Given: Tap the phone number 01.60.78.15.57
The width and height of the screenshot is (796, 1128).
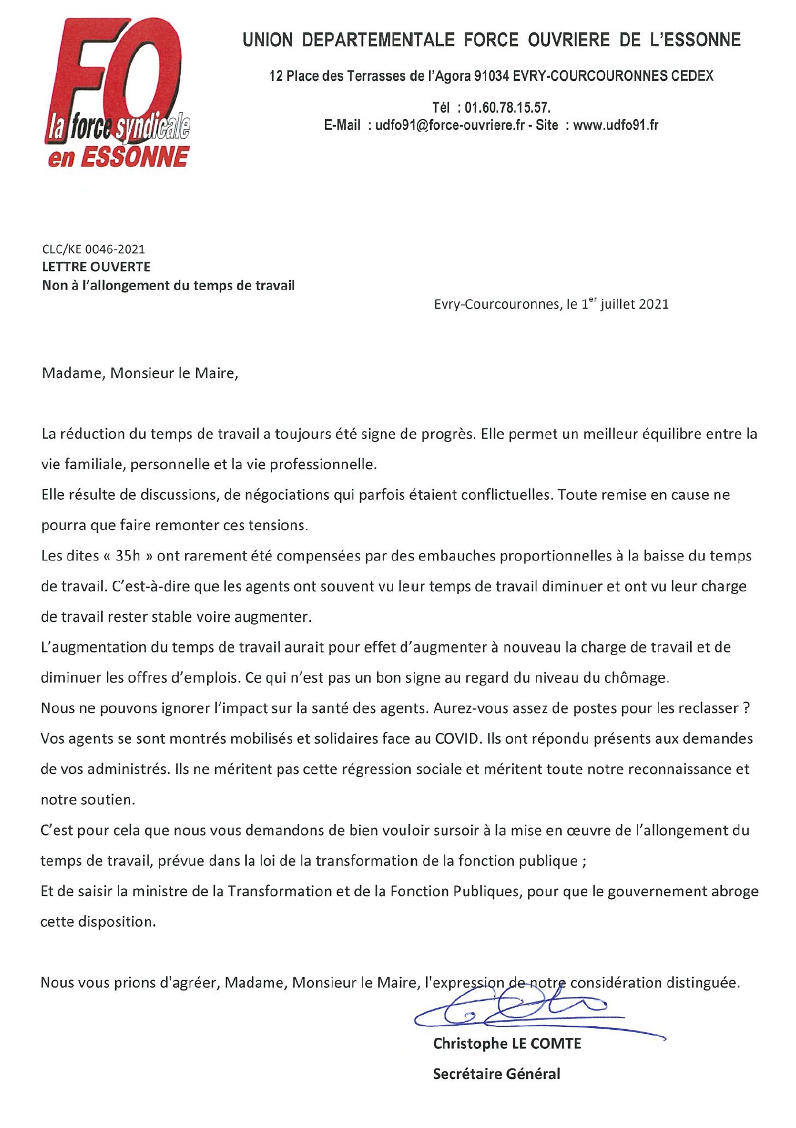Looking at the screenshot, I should point(508,107).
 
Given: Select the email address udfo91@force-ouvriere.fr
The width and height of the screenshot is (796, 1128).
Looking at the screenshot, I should point(450,125).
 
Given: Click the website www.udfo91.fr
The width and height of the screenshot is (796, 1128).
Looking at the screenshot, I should point(616,125).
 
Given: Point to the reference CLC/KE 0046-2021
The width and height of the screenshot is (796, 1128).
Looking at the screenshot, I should point(94,249).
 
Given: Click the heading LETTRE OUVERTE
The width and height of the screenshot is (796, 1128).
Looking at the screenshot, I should point(96,267).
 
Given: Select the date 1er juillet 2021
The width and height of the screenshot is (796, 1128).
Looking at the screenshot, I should point(625,304).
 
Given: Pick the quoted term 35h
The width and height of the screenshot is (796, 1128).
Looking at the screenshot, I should point(128,556).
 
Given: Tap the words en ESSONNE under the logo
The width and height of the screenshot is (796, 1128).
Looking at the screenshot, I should point(119,157).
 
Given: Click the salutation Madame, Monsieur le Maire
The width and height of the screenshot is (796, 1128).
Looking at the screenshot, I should point(140,373).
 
